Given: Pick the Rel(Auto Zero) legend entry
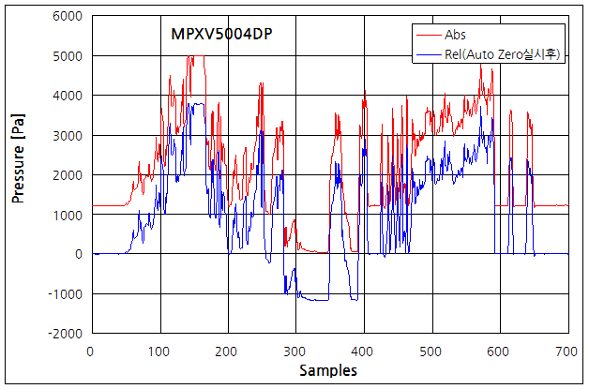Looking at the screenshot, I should point(504,54).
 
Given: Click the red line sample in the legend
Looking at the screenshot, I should point(430,35).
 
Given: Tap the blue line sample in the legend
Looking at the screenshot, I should point(430,54).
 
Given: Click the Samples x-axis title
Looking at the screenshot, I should point(328,371).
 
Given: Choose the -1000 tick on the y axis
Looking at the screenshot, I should point(68,294).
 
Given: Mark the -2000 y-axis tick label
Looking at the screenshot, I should point(68,334).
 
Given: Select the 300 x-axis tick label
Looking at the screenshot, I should point(295,351).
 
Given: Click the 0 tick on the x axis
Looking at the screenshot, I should point(90,351).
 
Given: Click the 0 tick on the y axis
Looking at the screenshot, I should point(80,254).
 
